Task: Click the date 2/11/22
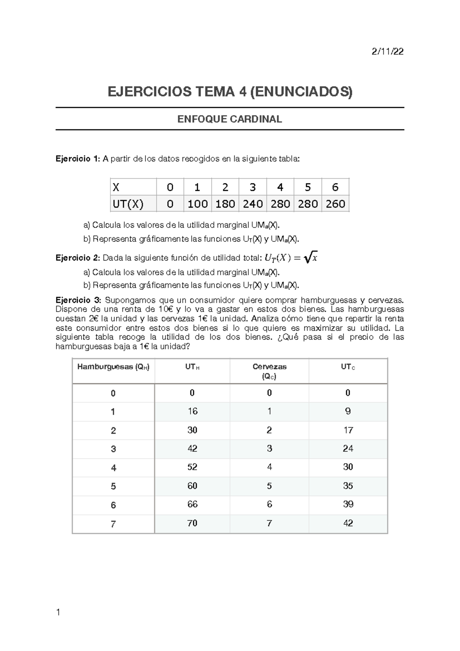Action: click(x=388, y=51)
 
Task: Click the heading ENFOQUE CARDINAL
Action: click(x=230, y=119)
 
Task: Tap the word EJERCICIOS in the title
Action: click(x=149, y=92)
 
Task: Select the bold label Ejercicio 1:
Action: click(x=78, y=159)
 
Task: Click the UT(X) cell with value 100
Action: click(x=197, y=204)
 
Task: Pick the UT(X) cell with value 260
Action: click(x=335, y=204)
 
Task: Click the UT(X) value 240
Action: click(x=253, y=204)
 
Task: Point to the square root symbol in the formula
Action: click(x=307, y=258)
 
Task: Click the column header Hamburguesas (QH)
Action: click(x=113, y=367)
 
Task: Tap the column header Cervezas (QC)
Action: click(x=269, y=371)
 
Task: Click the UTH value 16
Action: click(x=192, y=411)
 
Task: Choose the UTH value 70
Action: click(x=192, y=523)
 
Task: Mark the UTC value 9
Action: click(x=348, y=411)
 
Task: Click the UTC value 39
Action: click(x=348, y=504)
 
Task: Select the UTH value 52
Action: click(x=192, y=467)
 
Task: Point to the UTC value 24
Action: click(x=348, y=448)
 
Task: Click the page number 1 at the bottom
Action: click(x=58, y=612)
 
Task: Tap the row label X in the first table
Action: click(x=116, y=187)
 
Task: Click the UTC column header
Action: click(x=348, y=367)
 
